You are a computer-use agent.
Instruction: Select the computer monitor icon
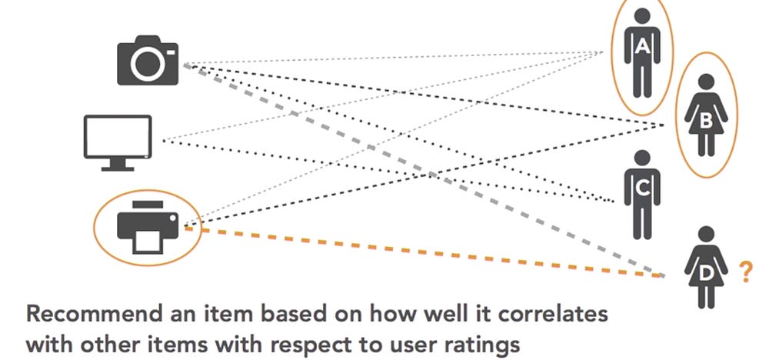click(x=117, y=142)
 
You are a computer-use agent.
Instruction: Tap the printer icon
click(x=148, y=225)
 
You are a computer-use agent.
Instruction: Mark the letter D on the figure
click(x=705, y=271)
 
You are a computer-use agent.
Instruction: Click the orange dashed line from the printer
click(x=431, y=252)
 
